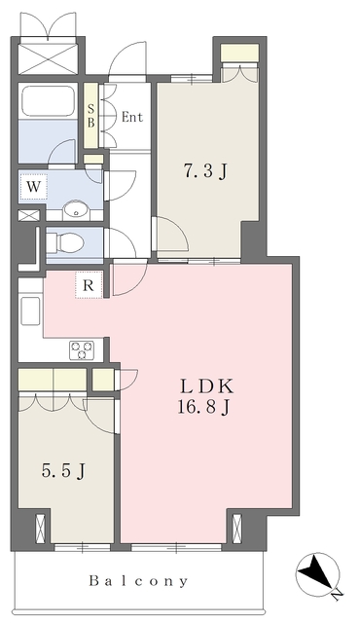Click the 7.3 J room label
tap(206, 173)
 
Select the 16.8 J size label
tap(203, 407)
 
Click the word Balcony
tap(140, 581)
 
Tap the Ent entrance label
tap(132, 118)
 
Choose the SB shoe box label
tap(91, 117)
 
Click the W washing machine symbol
tap(33, 185)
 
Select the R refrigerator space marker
tap(88, 285)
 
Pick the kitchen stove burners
tap(80, 349)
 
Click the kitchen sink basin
tap(29, 312)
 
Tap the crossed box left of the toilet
tap(29, 215)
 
